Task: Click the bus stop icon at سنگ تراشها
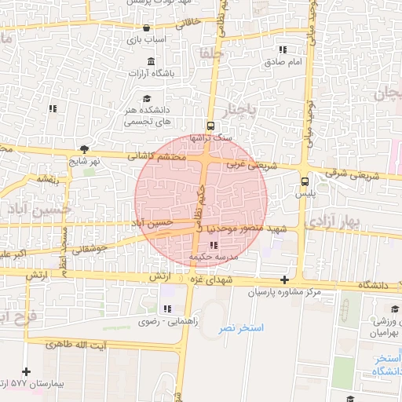point(210,126)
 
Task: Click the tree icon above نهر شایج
point(84,148)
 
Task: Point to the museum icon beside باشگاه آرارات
point(151,62)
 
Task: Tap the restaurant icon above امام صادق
point(282,49)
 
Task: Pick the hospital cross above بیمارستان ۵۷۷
point(27,371)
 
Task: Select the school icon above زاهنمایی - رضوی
point(166,309)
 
